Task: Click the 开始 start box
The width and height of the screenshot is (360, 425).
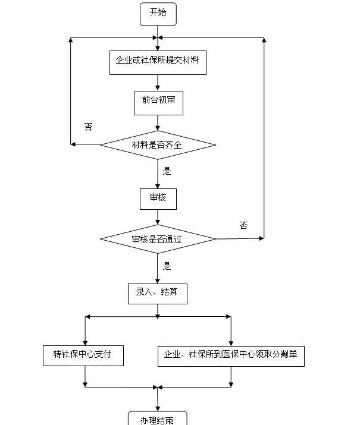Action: tap(158, 14)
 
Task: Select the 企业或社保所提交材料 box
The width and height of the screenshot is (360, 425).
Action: tap(158, 62)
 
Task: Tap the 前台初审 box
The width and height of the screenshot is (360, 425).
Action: tap(158, 103)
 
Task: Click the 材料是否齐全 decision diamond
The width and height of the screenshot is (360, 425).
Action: tap(158, 145)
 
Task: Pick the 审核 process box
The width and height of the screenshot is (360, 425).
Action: tap(158, 199)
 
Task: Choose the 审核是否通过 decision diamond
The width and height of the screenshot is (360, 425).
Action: tap(158, 239)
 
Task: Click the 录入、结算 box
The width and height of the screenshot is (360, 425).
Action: tap(158, 294)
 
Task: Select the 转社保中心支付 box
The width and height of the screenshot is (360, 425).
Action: tap(83, 355)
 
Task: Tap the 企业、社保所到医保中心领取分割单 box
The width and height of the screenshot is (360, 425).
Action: tap(231, 356)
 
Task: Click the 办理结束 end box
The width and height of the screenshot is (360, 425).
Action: tap(158, 418)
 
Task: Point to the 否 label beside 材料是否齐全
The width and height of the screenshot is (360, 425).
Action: tap(89, 127)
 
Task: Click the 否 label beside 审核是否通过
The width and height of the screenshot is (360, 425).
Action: tap(243, 225)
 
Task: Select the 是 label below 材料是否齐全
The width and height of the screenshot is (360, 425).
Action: tap(167, 171)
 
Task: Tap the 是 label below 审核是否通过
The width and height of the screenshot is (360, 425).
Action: tap(167, 266)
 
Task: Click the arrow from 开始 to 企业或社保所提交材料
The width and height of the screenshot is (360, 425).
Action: tap(158, 38)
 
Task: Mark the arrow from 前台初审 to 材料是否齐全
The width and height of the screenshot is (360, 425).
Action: tap(158, 123)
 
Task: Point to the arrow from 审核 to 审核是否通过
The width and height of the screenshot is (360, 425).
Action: tap(158, 218)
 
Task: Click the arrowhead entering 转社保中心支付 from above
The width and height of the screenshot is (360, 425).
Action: tap(85, 343)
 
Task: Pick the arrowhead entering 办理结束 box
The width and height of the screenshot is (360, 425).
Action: tap(158, 408)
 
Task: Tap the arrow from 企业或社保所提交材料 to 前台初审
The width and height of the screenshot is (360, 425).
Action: tap(158, 83)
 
